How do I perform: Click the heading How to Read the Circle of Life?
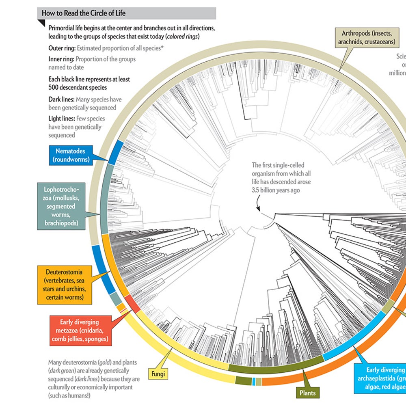84,13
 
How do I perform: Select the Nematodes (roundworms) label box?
71,155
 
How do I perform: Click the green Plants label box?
307,393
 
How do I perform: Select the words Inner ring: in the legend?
61,59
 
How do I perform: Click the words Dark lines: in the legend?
62,99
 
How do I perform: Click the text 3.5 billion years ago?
276,190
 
